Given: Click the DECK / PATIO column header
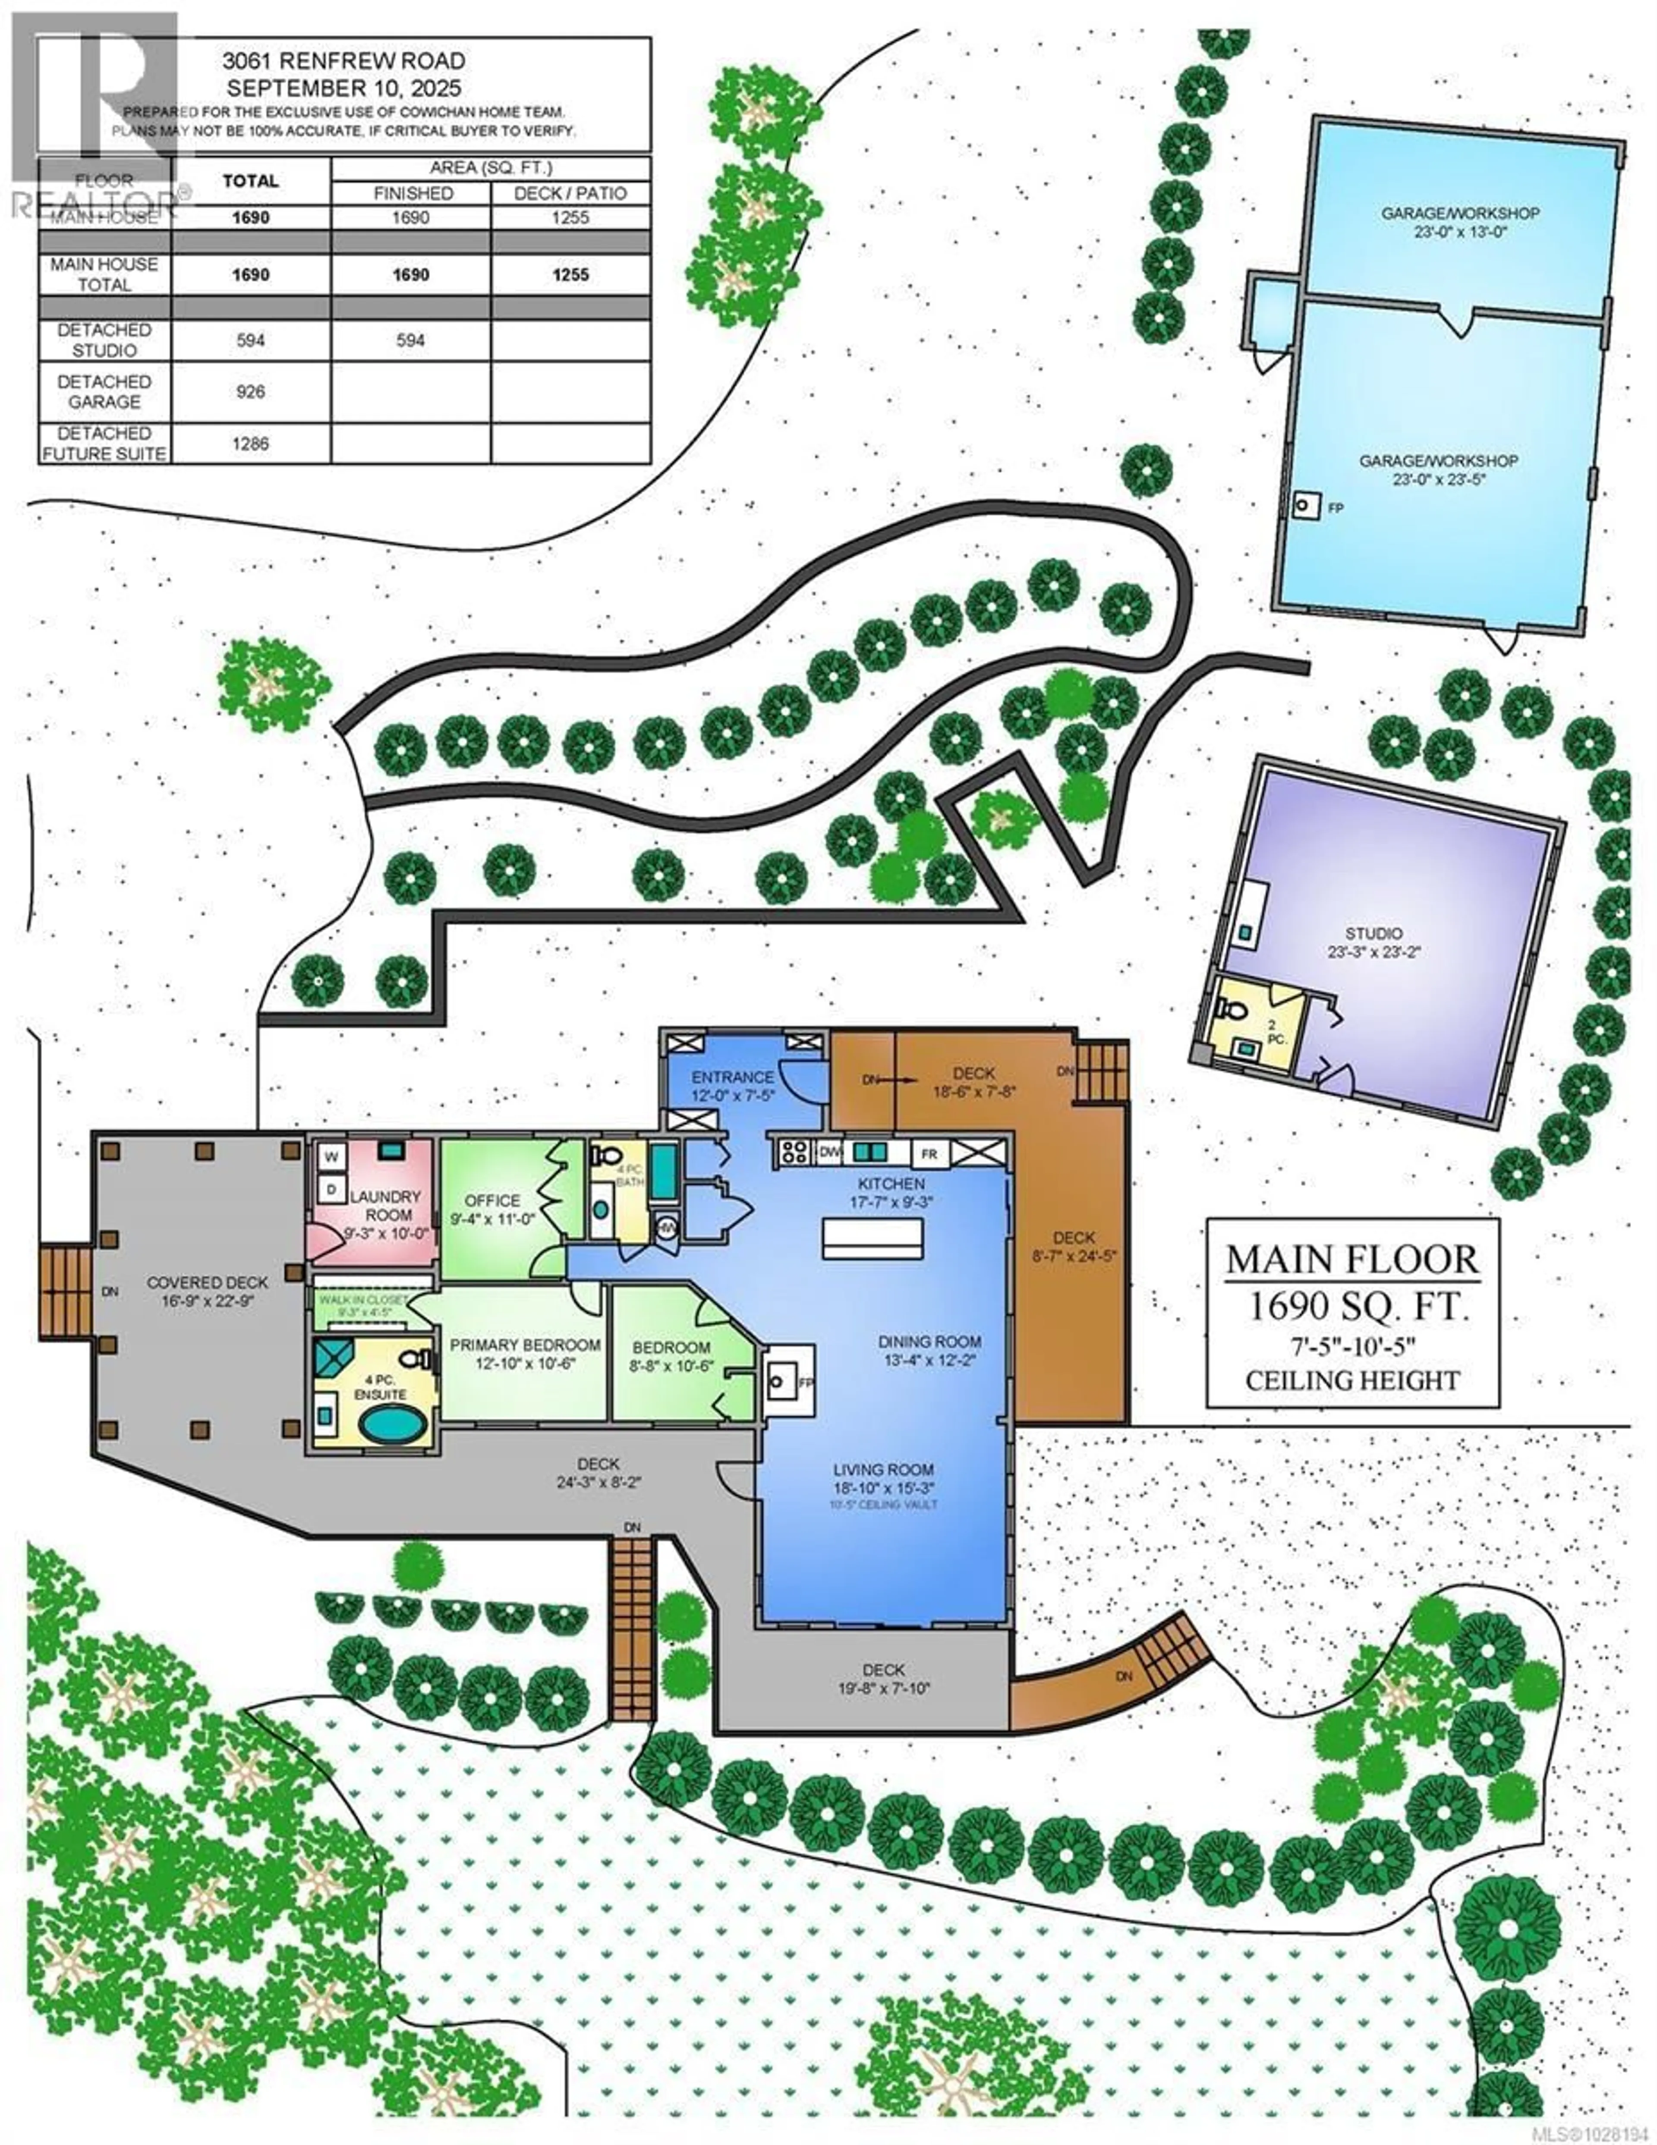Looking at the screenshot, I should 570,193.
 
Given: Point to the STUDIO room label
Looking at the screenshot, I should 1373,933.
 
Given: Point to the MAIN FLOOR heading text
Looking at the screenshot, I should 1351,1260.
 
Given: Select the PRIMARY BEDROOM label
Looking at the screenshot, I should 525,1345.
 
